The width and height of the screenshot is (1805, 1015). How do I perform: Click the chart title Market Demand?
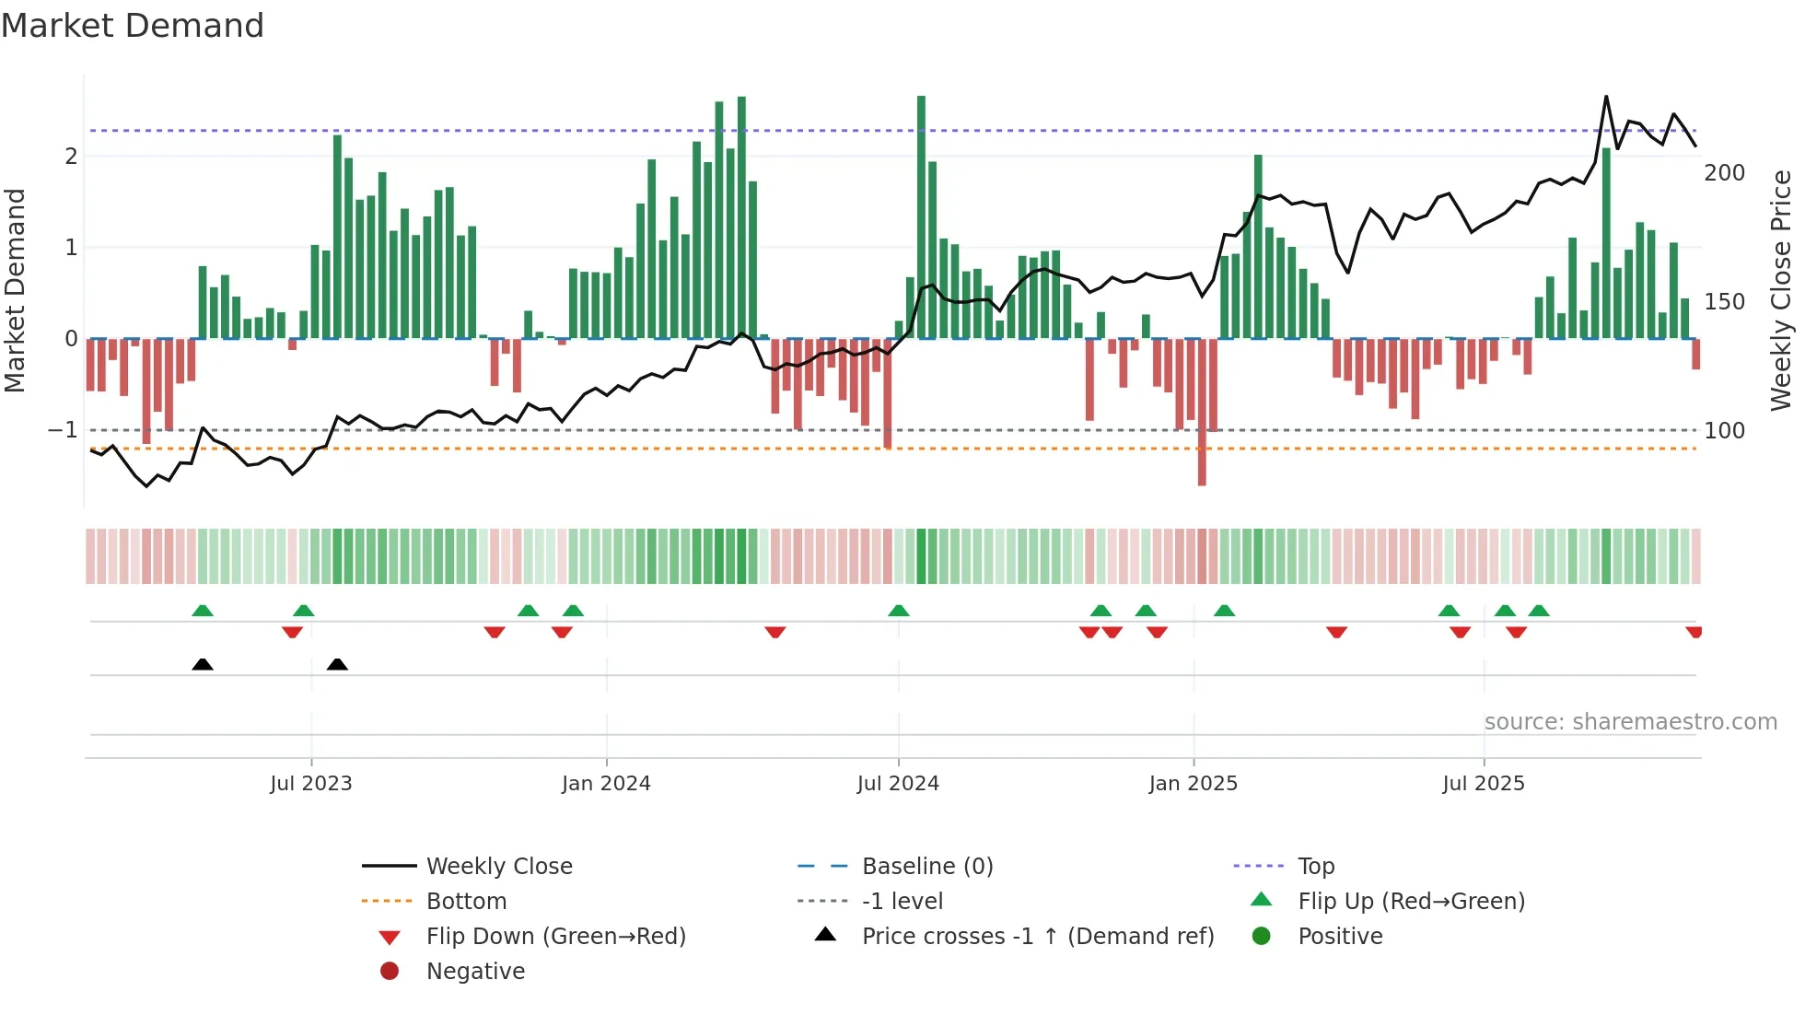pos(133,26)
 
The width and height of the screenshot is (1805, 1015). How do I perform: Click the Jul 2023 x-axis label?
pos(311,784)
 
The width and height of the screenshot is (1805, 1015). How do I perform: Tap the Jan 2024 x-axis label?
pos(606,784)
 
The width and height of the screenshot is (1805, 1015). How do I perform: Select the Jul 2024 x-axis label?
pos(898,784)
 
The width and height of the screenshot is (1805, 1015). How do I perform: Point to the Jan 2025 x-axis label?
pos(1194,784)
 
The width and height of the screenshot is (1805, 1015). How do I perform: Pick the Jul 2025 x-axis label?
pos(1484,784)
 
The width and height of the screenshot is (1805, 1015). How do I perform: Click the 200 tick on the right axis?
pos(1724,173)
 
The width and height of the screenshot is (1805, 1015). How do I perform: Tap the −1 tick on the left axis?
pos(63,430)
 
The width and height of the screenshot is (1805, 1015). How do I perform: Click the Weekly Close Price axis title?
pos(1781,290)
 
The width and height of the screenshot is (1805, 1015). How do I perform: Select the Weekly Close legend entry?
pos(499,867)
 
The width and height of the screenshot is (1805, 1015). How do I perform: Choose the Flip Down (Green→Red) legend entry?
pos(555,937)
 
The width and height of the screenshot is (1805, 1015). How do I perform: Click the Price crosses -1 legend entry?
pos(1038,937)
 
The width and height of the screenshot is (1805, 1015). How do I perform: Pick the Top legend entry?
pos(1316,867)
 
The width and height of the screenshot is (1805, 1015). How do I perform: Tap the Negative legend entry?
pos(475,972)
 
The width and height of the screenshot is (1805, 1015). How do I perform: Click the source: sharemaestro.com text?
pos(1630,722)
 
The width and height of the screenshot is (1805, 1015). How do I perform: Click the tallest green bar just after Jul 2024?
pos(921,216)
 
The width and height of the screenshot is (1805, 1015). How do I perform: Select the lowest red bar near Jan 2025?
pos(1202,413)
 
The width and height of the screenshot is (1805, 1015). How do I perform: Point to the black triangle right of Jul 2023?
pos(337,665)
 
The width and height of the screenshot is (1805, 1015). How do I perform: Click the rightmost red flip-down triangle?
pos(1694,632)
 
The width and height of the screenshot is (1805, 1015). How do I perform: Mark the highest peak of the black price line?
pos(1606,97)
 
